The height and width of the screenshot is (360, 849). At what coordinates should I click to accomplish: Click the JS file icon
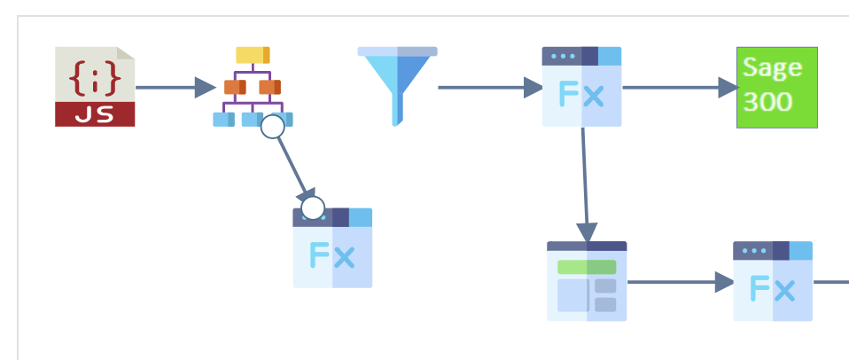[95, 86]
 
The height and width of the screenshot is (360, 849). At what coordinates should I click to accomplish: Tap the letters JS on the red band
[95, 115]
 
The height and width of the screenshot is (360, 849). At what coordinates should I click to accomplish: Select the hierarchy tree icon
[253, 86]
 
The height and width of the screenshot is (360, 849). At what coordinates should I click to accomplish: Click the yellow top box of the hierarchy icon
[253, 55]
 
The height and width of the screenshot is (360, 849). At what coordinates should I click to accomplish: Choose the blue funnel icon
[398, 85]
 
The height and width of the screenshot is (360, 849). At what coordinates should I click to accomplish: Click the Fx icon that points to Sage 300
[581, 86]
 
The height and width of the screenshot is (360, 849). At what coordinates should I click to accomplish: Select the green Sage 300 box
[776, 87]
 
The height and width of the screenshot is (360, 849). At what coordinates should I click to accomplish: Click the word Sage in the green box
[772, 68]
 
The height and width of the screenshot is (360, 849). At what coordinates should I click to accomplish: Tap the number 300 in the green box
[767, 101]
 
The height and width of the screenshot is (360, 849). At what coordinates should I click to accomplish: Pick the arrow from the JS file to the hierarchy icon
[175, 87]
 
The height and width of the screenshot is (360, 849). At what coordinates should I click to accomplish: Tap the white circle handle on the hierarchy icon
[273, 127]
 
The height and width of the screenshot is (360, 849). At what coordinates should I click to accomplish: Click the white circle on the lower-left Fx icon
[313, 208]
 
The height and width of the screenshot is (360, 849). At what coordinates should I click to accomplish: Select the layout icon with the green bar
[587, 281]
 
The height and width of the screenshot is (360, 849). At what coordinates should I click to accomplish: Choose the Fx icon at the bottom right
[773, 282]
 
